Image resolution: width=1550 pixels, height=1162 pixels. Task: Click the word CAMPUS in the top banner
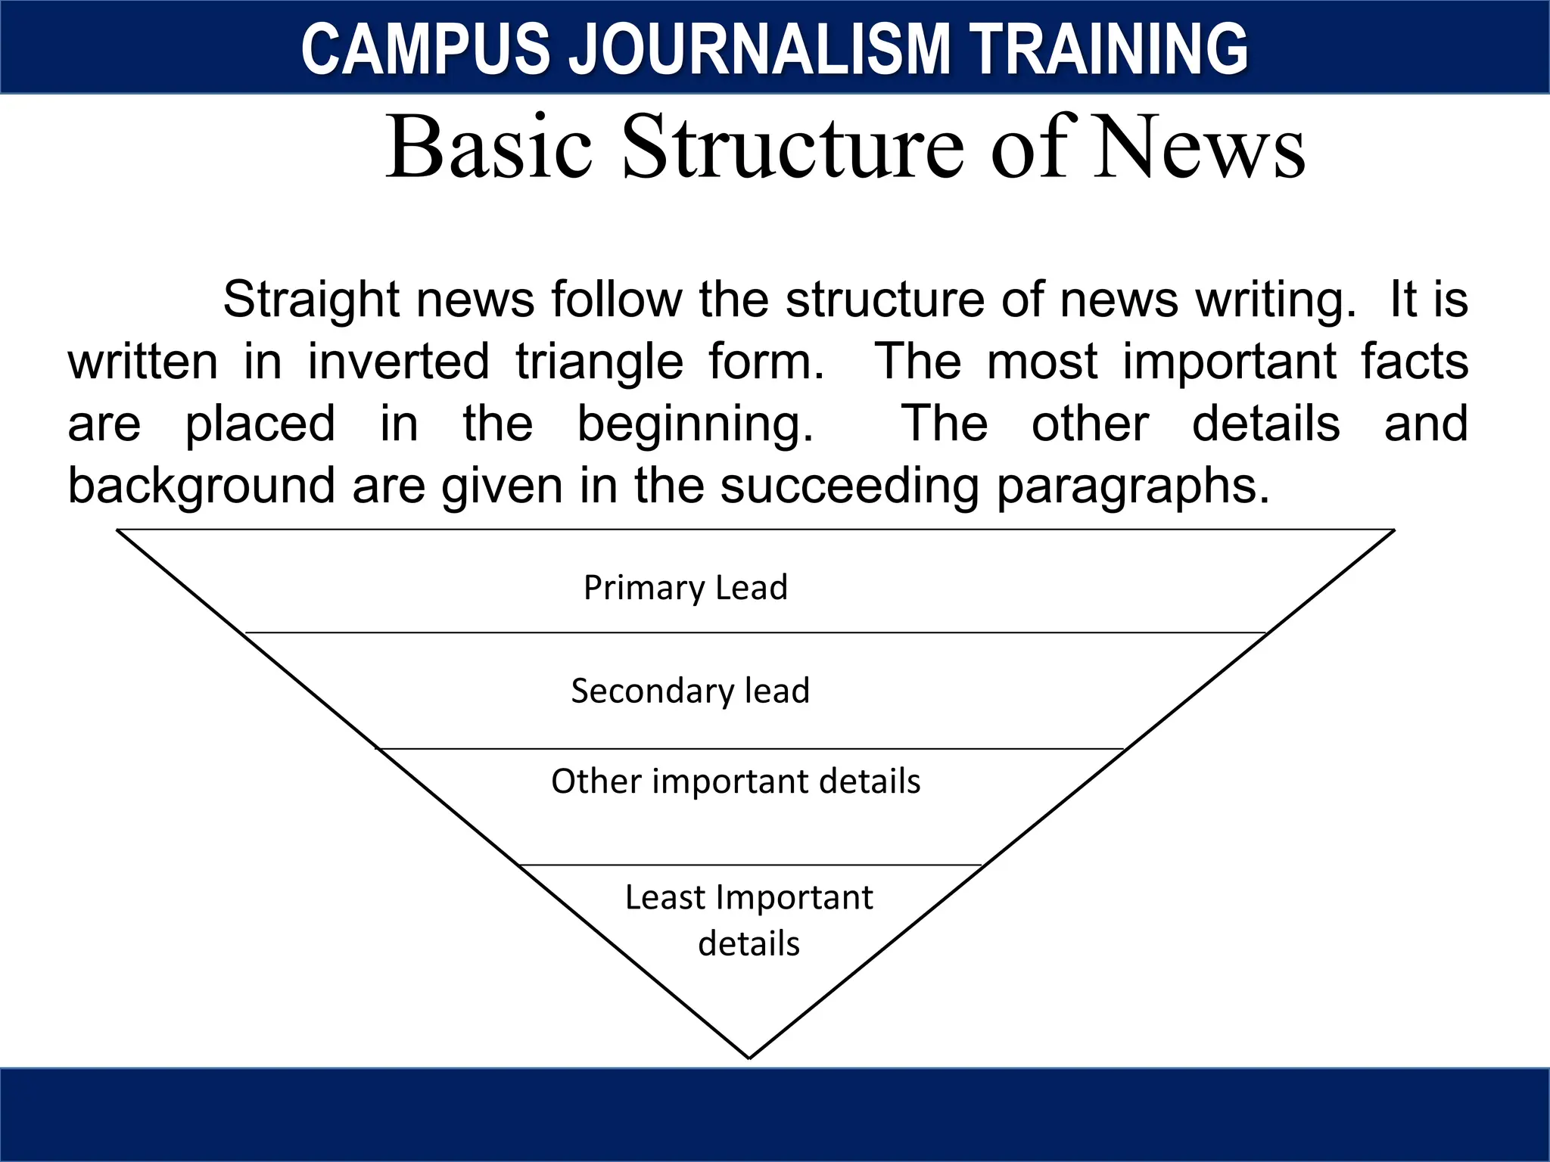[425, 49]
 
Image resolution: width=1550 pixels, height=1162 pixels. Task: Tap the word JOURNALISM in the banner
[758, 49]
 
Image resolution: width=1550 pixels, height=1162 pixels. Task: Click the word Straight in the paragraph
[311, 300]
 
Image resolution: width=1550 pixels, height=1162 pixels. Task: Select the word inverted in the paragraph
[398, 362]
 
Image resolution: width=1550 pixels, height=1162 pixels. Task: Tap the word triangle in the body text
[599, 362]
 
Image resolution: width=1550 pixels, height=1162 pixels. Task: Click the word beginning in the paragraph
[696, 425]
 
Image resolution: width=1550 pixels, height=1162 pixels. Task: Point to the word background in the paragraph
[201, 486]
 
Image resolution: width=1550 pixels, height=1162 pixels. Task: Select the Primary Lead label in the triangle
[686, 588]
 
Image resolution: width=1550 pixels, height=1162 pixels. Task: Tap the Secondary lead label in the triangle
[690, 691]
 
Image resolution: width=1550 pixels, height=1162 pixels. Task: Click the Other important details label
[736, 781]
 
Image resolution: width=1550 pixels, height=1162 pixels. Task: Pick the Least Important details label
[749, 920]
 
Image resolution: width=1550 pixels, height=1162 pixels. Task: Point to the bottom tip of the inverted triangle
[749, 1057]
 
